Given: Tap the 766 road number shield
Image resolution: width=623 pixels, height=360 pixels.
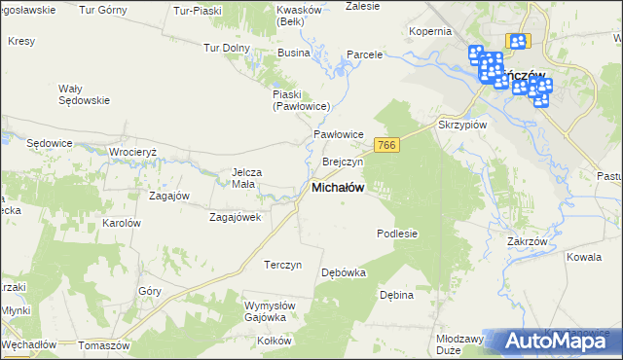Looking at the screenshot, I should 386,145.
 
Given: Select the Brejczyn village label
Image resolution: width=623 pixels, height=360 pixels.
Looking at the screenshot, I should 342,162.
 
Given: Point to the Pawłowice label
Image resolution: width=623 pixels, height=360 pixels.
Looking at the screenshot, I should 338,134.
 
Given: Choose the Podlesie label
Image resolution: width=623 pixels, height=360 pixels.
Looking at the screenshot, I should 397,234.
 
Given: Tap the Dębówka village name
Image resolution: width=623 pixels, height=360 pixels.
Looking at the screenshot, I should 344,272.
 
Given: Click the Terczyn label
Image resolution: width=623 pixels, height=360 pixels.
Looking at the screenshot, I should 283,265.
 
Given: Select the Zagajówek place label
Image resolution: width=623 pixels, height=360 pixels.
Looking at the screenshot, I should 235,217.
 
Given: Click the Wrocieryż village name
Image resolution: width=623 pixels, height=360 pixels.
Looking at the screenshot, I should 141,153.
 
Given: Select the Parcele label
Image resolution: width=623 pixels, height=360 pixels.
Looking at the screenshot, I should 365,54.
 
